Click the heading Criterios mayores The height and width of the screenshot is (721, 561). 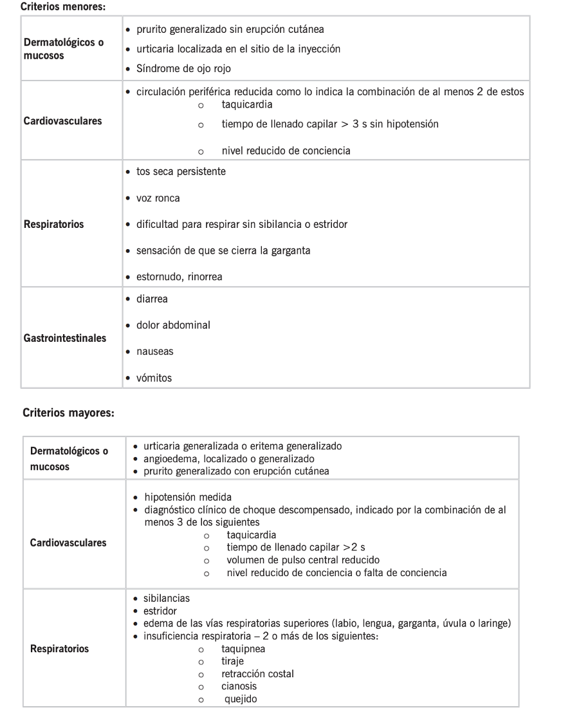[x=68, y=413]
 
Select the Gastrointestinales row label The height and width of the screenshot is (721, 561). [x=65, y=338]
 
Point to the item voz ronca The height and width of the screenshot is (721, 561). [x=158, y=198]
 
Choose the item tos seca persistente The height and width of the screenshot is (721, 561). [x=181, y=172]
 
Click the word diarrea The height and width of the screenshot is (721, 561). [x=152, y=299]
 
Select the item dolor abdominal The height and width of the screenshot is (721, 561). [x=173, y=325]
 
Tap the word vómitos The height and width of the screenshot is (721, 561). [x=154, y=378]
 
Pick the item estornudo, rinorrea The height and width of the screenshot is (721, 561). [x=179, y=277]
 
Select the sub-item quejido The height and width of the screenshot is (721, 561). [x=241, y=698]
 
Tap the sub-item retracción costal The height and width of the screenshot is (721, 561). [x=257, y=674]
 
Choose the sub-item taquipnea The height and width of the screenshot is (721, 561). [x=243, y=649]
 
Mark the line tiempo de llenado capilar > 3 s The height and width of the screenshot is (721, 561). [x=329, y=124]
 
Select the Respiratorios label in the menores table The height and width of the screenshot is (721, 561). [x=53, y=225]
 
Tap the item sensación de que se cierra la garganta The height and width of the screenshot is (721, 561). [x=223, y=250]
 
